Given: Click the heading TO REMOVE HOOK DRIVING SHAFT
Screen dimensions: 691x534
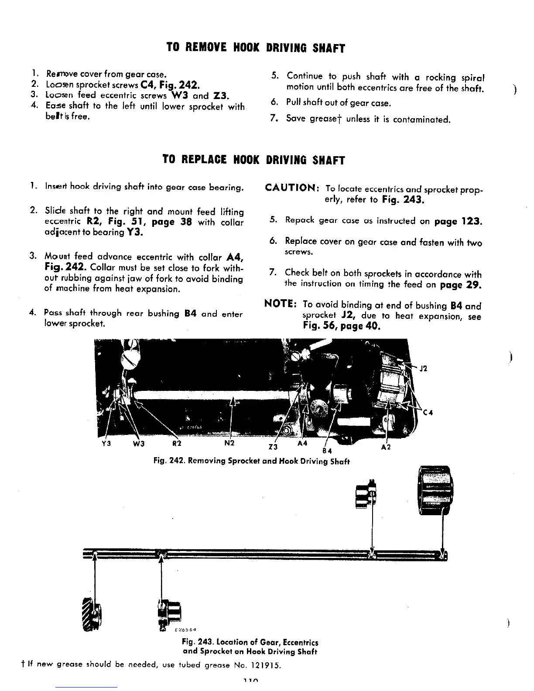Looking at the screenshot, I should click(x=255, y=48).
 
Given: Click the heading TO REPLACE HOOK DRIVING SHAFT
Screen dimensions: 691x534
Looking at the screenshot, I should click(x=253, y=160).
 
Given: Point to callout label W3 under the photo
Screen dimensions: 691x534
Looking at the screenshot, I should click(x=139, y=444).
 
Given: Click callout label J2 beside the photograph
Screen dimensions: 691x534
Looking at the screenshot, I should click(x=424, y=368).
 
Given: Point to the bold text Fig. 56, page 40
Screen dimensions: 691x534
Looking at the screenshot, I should click(x=342, y=326).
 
